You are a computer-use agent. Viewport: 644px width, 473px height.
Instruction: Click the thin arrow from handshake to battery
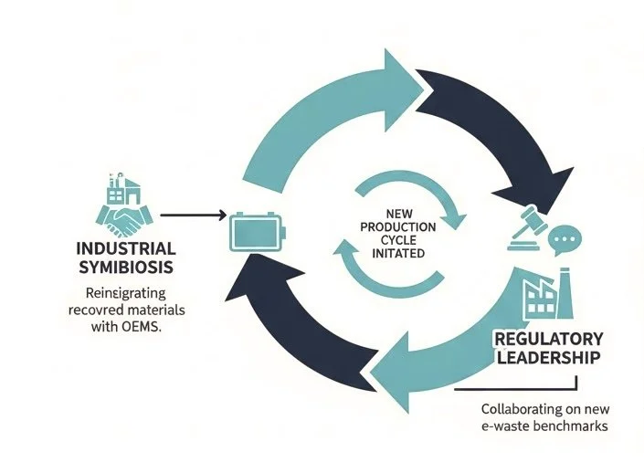(x=192, y=216)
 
